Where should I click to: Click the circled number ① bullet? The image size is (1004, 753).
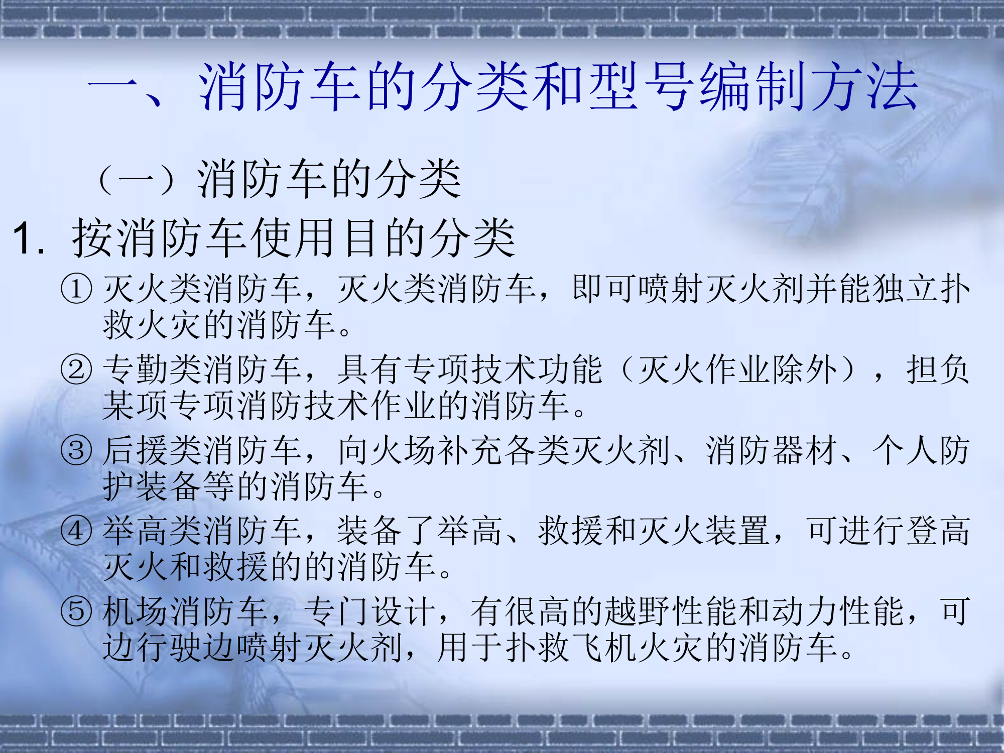click(x=76, y=290)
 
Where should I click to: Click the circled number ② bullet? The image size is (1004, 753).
click(x=76, y=370)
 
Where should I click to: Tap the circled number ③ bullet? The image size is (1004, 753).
click(x=76, y=450)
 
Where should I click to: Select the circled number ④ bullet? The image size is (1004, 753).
click(x=76, y=531)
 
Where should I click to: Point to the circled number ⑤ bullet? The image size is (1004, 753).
click(x=76, y=611)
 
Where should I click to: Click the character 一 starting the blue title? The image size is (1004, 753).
click(x=114, y=86)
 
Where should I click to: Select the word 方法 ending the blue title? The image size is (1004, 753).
click(x=864, y=86)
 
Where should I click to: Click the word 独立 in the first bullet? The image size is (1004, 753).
click(x=905, y=290)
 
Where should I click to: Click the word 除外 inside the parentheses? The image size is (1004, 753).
click(x=805, y=370)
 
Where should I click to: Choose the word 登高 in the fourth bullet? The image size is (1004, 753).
click(x=938, y=531)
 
